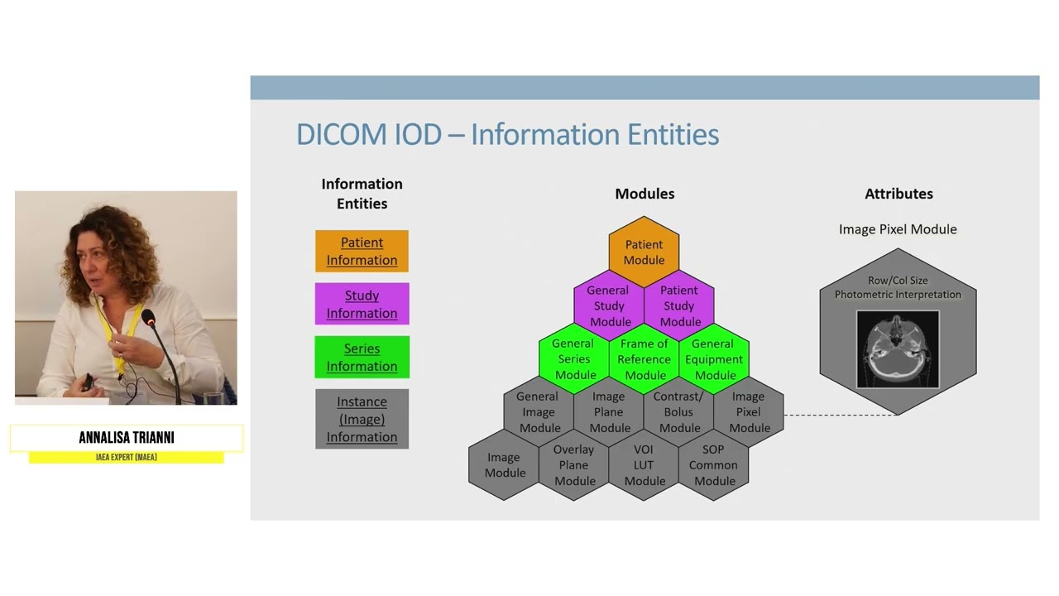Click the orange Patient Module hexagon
(x=644, y=252)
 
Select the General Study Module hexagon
(x=609, y=305)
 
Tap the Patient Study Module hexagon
(x=679, y=305)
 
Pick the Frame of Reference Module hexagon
(x=644, y=359)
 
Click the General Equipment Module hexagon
(x=714, y=359)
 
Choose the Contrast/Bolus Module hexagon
(x=679, y=412)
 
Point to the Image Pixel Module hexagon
(x=749, y=412)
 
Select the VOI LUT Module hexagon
(x=644, y=465)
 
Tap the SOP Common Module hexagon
(x=714, y=465)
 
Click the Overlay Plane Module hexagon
(x=574, y=465)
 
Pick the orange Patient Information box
(x=362, y=251)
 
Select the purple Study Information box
(x=362, y=304)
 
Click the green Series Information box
(x=362, y=357)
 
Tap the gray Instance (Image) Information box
(x=362, y=419)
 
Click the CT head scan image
(x=898, y=348)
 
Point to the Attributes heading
(x=898, y=194)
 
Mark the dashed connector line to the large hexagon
(x=840, y=415)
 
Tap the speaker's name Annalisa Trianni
(x=127, y=438)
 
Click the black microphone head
(x=148, y=317)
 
